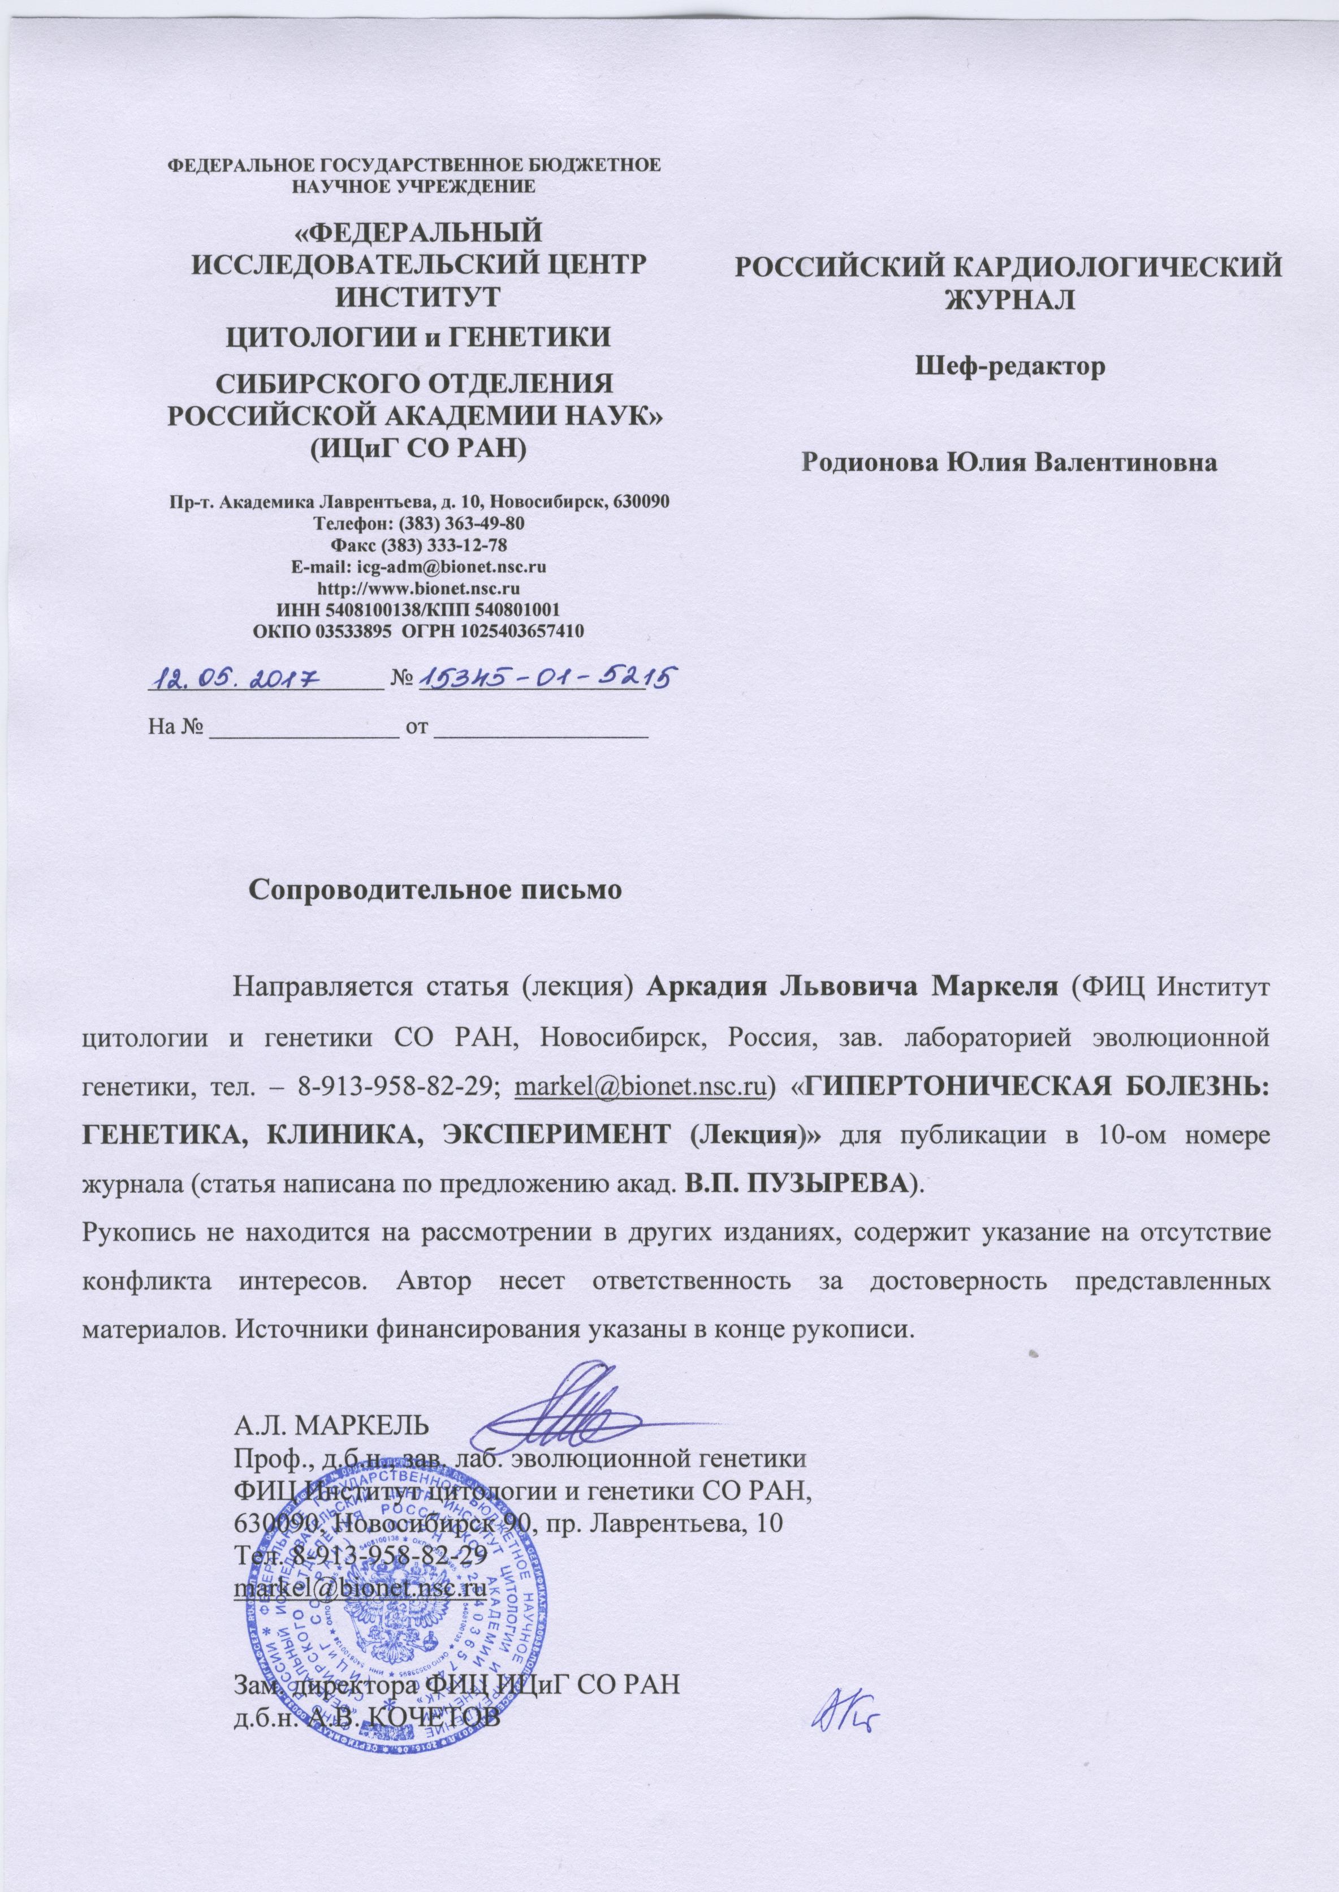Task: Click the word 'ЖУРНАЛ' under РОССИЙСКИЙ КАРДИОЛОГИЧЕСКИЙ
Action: point(1010,299)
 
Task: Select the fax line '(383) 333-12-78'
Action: point(450,545)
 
